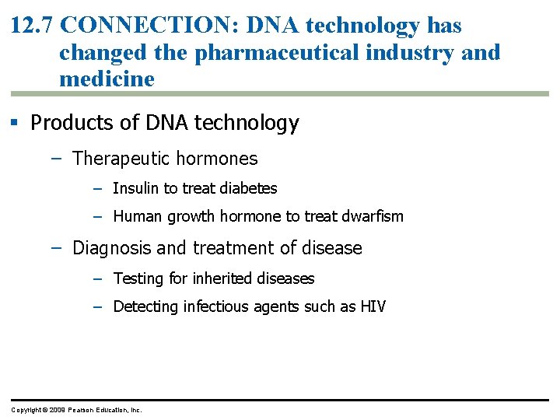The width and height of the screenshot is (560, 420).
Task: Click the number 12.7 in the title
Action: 32,26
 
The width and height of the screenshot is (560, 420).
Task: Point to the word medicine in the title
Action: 107,79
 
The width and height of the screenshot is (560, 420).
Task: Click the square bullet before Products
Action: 16,123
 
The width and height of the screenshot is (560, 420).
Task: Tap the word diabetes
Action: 249,188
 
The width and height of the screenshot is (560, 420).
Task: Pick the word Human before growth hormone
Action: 136,216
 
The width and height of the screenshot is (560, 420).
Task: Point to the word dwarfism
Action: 373,216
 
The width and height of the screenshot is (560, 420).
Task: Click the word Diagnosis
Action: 111,248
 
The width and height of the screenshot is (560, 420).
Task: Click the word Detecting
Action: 145,306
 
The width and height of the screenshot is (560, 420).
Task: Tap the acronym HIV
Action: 373,306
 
